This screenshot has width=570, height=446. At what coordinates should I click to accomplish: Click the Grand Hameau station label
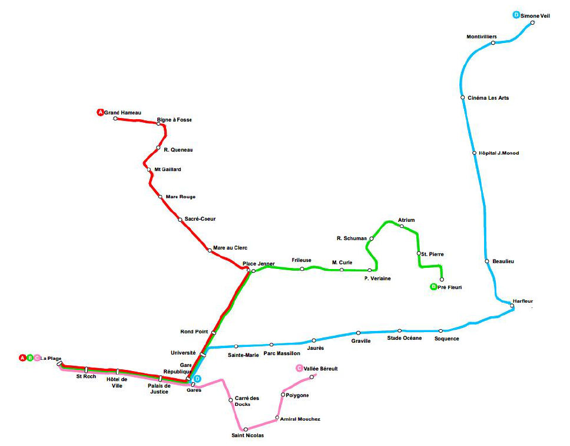click(122, 113)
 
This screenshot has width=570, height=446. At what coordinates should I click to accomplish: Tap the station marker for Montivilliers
click(493, 43)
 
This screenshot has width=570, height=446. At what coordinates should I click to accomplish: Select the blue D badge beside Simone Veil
click(516, 15)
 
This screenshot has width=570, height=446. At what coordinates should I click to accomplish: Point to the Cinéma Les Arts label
click(488, 98)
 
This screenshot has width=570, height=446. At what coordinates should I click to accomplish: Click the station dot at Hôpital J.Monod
click(474, 153)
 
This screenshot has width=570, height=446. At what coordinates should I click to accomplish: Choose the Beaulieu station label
click(503, 261)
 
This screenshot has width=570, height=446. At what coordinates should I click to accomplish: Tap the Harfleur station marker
click(512, 306)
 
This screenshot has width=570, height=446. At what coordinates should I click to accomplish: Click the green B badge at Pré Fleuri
click(433, 287)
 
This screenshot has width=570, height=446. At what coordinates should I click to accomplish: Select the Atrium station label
click(406, 220)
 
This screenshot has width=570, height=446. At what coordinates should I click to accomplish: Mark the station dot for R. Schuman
click(372, 239)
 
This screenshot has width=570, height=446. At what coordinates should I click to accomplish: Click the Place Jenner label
click(259, 264)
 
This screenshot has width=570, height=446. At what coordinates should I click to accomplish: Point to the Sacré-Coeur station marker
click(180, 219)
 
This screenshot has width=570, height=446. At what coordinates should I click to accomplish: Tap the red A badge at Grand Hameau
click(100, 113)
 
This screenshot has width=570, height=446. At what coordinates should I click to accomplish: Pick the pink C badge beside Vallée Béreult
click(299, 369)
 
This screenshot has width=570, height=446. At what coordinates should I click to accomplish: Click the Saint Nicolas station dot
click(246, 429)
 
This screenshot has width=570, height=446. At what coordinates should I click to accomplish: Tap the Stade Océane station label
click(404, 338)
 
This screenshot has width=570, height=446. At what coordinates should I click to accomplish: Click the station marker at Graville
click(358, 333)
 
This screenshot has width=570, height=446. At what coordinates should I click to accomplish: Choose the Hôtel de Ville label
click(117, 383)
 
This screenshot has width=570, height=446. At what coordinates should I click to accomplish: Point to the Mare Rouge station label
click(181, 196)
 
